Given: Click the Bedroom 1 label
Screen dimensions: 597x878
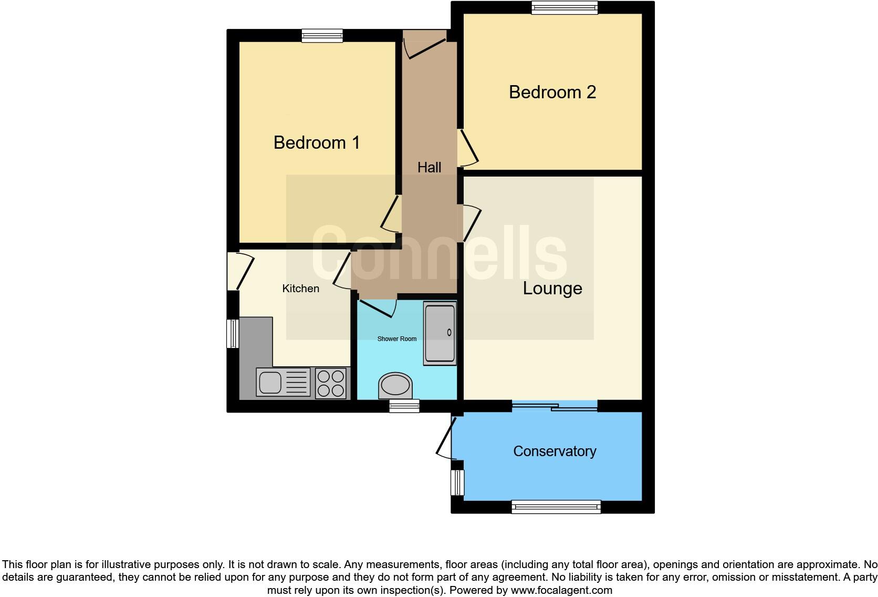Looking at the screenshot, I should coord(317,143).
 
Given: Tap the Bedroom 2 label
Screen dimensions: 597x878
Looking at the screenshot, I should coord(552,92).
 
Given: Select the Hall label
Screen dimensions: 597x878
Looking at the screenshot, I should coord(429,168).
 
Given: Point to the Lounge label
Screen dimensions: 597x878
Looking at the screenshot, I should coord(552,289).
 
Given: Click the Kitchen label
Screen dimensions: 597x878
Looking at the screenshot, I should coord(300,289).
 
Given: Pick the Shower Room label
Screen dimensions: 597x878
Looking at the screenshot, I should coord(396,339).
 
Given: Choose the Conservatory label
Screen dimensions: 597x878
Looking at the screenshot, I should coord(555,451).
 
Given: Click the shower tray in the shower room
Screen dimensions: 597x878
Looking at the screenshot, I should coord(440,334).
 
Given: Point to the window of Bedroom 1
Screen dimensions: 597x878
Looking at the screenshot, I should coord(322,36).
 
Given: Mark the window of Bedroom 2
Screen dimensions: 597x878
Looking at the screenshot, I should coord(565,7).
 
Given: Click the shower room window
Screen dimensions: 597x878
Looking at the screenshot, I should coord(404,406).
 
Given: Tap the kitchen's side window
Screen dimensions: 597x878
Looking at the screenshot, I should coord(232,333).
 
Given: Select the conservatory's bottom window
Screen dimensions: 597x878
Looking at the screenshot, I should coord(556,507).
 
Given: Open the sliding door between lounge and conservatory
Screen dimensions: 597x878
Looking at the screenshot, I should coord(555,406).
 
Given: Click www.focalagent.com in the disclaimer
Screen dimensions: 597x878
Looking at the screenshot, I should coord(561,590).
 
